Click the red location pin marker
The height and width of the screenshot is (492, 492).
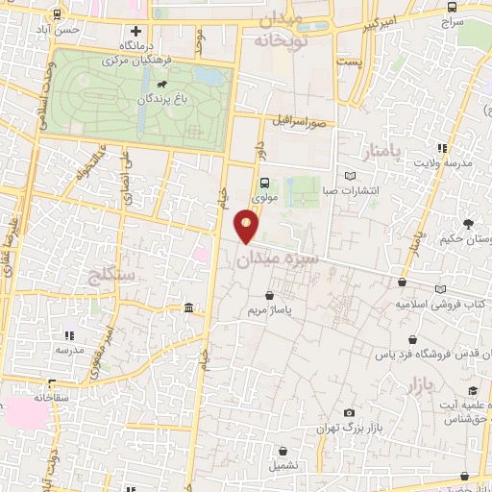pyautogui.click(x=247, y=227)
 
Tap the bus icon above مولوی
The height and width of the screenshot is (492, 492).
pyautogui.click(x=264, y=182)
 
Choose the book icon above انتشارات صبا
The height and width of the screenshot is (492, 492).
pyautogui.click(x=349, y=176)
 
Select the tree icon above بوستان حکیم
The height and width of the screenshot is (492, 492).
pyautogui.click(x=468, y=224)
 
